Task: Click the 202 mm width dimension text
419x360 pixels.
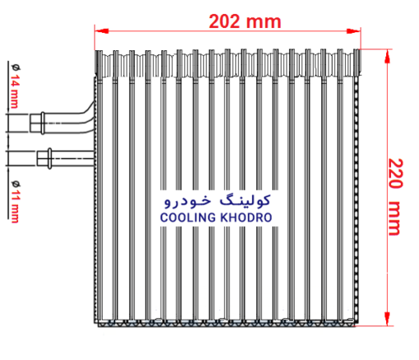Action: point(245,21)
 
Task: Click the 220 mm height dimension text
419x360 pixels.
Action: point(395,196)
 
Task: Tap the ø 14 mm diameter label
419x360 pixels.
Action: point(15,86)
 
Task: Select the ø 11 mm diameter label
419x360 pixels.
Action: point(15,201)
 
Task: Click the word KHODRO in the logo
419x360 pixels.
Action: point(246,218)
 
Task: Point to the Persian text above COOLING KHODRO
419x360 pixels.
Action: point(218,201)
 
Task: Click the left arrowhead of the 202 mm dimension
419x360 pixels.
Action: point(102,30)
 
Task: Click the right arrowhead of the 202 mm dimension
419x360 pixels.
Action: point(353,31)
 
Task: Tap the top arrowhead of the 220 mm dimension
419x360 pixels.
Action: point(387,57)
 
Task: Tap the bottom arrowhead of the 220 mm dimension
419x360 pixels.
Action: point(387,319)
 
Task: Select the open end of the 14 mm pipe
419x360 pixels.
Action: point(31,123)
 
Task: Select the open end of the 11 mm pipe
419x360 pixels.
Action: point(38,159)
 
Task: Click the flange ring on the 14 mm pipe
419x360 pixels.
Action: point(43,123)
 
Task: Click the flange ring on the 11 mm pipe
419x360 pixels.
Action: point(49,159)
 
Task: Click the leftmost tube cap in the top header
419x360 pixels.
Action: point(99,63)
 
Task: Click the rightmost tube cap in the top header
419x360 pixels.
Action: point(357,62)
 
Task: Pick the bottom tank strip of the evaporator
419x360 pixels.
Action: point(226,323)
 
